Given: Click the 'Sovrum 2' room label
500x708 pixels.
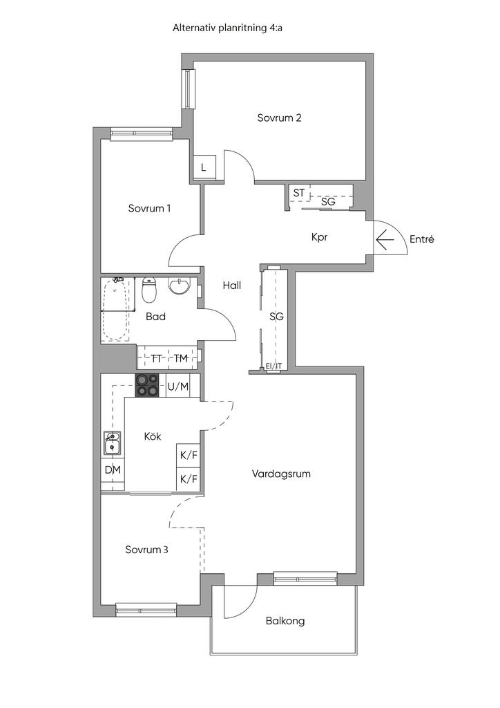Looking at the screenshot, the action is [279, 118].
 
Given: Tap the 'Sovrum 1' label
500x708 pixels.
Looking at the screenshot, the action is [149, 208].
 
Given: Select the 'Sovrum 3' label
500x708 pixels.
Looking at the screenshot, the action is [146, 550].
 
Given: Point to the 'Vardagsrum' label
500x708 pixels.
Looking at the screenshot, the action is [281, 474].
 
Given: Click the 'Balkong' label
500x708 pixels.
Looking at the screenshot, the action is [285, 621].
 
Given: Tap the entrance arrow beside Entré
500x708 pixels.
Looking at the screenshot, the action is [385, 240].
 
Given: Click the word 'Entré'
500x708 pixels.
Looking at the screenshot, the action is [421, 239].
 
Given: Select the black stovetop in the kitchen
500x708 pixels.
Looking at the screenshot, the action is [147, 386].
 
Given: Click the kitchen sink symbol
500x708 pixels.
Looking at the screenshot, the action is [111, 443].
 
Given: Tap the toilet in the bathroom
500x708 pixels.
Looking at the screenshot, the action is [148, 290].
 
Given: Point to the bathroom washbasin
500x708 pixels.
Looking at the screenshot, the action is [180, 286].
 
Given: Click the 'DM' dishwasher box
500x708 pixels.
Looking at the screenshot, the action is [113, 470].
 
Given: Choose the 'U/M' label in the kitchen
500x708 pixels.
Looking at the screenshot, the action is [178, 386].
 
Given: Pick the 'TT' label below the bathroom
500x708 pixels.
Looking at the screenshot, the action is [157, 359].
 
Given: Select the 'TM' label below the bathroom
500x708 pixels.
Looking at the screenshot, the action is [181, 359].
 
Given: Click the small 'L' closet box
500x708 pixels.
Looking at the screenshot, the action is [204, 167].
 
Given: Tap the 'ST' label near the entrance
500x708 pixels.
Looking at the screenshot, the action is [298, 194].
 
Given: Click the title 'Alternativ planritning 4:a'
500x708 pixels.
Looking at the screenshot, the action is [227, 28].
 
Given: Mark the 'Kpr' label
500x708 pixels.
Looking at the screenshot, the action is [319, 237].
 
